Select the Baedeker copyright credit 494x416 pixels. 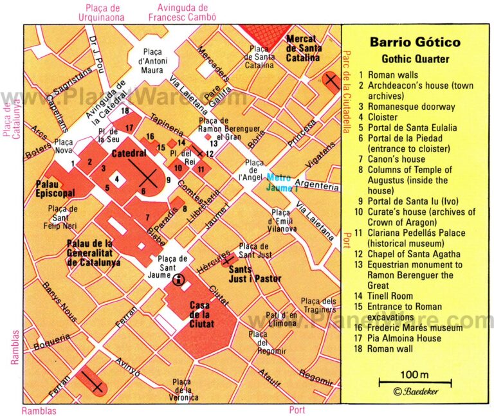click(x=416, y=391)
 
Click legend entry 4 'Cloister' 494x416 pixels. click(x=383, y=117)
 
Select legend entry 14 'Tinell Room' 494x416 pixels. click(x=393, y=296)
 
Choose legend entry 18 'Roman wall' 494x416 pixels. click(x=390, y=348)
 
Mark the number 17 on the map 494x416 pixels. click(x=130, y=127)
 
